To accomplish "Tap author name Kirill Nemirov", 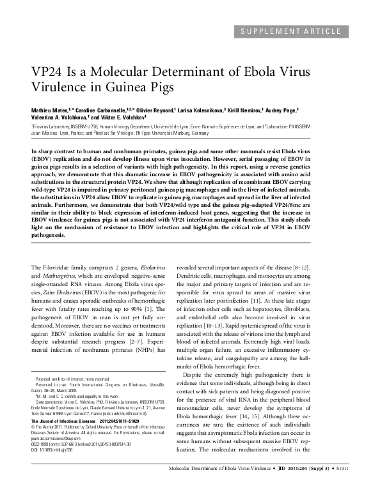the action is point(251,110).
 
